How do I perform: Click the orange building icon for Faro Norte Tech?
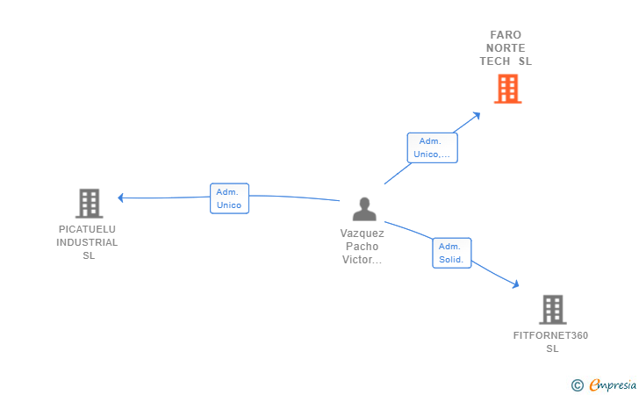point(507,89)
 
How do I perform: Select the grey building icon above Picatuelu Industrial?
point(90,203)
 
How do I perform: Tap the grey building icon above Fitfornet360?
point(553,309)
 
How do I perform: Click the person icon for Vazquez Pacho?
point(364,209)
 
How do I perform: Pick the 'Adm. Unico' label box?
point(229,198)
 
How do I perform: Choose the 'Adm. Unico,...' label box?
point(433,147)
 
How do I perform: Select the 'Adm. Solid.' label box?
point(452,253)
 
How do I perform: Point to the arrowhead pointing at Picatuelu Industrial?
point(120,197)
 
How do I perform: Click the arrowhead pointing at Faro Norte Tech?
point(477,116)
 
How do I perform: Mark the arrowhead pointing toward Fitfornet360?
point(516,284)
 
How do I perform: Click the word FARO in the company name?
point(506,34)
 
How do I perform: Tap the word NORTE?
point(506,48)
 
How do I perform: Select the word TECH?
point(495,61)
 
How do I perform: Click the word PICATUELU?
point(87,229)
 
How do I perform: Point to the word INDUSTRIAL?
point(87,242)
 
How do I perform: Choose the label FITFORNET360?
point(550,335)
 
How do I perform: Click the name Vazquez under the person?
point(363,233)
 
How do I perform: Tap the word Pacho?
point(363,246)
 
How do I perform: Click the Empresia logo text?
point(613,384)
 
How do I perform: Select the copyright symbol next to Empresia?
point(578,385)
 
